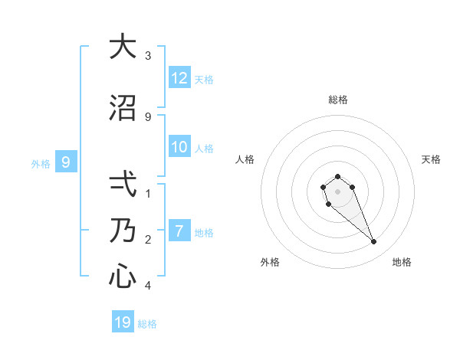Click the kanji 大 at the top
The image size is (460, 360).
(x=123, y=47)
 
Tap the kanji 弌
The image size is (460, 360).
(x=123, y=185)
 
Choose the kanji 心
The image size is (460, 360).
(x=123, y=276)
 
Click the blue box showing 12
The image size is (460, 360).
(x=179, y=78)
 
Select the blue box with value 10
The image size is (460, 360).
(x=179, y=147)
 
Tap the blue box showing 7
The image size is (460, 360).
(x=179, y=231)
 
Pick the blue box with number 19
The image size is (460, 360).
(x=123, y=322)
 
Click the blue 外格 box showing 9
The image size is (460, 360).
(x=66, y=162)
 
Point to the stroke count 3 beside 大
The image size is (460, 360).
(x=148, y=56)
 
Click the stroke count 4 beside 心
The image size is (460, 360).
(x=148, y=286)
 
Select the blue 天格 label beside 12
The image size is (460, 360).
(x=204, y=79)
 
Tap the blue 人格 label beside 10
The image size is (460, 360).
(x=204, y=148)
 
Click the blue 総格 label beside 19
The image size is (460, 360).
(x=147, y=323)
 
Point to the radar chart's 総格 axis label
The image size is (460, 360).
(x=338, y=100)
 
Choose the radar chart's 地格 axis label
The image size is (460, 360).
(x=402, y=262)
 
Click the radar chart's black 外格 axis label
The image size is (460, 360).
(x=270, y=262)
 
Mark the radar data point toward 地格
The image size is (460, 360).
(x=373, y=242)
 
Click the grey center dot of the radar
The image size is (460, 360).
(x=337, y=191)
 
